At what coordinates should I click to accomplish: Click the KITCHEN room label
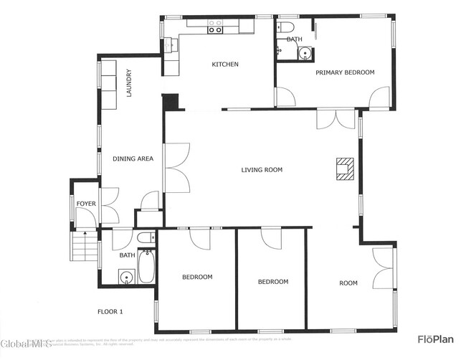point(224,65)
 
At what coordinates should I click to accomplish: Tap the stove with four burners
point(215,27)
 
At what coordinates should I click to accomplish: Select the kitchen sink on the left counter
point(170,44)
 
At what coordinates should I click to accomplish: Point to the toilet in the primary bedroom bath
point(285,28)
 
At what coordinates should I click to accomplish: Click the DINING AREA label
point(133,158)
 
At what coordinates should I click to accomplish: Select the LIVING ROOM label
point(261,170)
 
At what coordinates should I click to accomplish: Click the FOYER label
point(86,204)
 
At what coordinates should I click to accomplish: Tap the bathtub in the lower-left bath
point(146,267)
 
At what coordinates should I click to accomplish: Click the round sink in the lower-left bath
point(127,278)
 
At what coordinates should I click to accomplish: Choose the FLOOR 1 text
point(110,311)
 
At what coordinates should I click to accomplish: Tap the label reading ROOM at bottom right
point(348,283)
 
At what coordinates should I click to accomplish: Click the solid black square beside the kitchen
point(170,102)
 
